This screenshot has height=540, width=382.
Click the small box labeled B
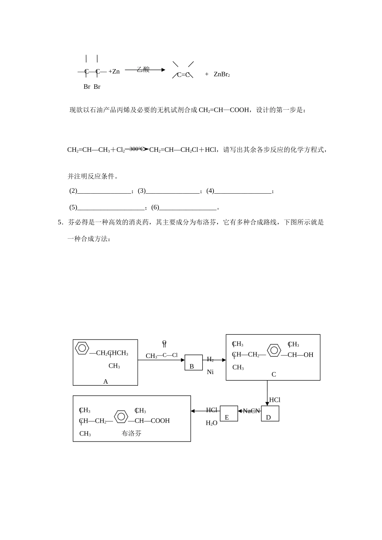point(193,362)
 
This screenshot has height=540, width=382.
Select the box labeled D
point(270,413)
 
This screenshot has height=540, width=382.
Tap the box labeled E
point(228,413)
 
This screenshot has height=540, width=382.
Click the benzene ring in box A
point(82,348)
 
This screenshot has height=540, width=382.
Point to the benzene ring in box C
point(274,350)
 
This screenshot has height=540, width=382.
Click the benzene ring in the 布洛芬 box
point(121,416)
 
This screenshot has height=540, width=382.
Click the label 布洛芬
point(131,434)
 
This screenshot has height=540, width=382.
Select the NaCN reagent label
point(251,411)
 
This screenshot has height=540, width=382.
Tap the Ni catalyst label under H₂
point(210,372)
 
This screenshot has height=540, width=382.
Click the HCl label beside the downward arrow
point(275,400)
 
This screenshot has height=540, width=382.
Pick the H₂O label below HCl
point(212,423)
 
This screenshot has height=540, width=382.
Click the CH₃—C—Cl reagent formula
point(162,356)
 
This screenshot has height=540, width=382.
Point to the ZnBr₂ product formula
point(222,74)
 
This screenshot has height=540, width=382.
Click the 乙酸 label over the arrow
point(143,70)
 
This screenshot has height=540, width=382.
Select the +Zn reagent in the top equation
point(114,72)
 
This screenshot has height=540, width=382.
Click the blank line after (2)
point(104,192)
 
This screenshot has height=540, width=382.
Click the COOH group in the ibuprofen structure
point(160,421)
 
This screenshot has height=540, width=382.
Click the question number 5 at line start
point(60,222)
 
